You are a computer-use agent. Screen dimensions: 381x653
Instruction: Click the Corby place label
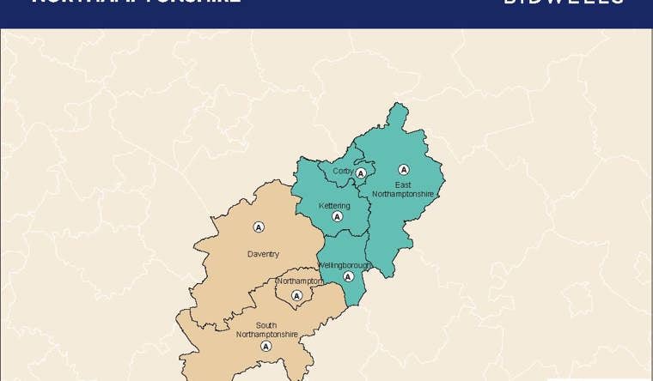pos(343,172)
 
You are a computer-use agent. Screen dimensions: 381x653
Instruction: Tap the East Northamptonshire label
pos(403,190)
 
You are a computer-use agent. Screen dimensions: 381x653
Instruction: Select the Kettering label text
pos(334,206)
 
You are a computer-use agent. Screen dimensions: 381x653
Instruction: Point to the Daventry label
pos(263,254)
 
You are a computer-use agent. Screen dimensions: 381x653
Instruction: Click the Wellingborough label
pos(344,265)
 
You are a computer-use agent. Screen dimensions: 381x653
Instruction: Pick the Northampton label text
pos(300,281)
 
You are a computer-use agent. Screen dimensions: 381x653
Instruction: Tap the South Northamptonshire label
pos(266,330)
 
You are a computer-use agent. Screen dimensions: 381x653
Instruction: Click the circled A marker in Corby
pos(361,173)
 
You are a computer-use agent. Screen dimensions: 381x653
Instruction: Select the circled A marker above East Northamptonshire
pos(404,170)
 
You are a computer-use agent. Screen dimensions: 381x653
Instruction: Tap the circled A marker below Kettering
pos(338,217)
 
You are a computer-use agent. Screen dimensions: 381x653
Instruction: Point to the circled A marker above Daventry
pos(259,227)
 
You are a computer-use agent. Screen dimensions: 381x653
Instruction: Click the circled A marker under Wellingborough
pos(348,276)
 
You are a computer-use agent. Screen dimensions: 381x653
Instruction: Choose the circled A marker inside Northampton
pos(297,296)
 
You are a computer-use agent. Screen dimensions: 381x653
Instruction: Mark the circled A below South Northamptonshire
pos(265,347)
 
